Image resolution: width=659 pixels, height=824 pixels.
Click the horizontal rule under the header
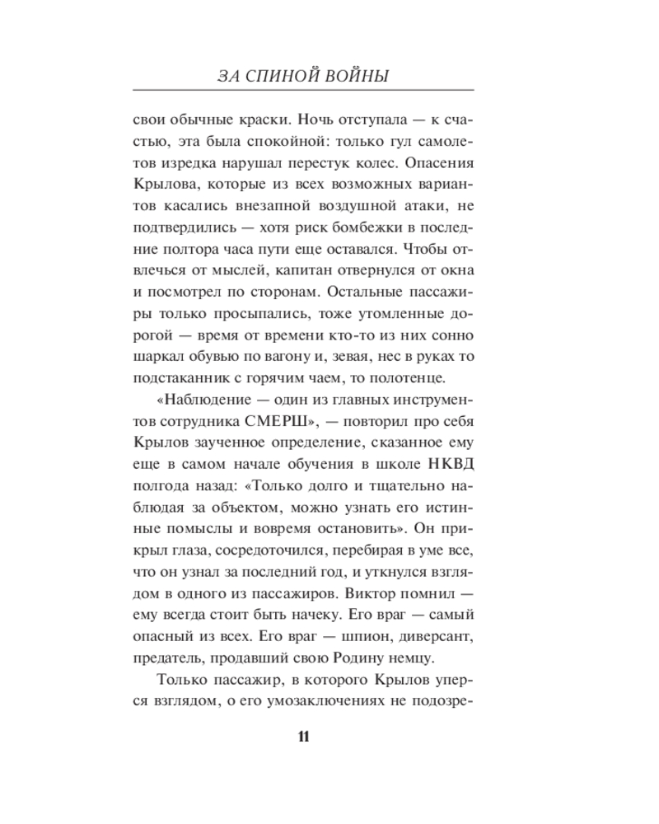(303, 91)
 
